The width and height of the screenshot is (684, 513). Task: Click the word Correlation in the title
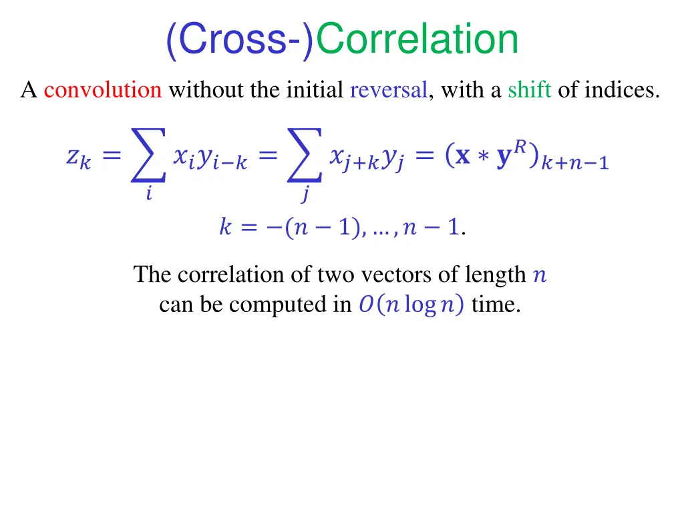(417, 40)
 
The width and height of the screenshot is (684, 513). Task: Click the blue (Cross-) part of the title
(239, 40)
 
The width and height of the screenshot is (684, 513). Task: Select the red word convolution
(103, 90)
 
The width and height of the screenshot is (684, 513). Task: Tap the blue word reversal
(388, 90)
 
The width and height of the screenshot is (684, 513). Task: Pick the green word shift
(529, 90)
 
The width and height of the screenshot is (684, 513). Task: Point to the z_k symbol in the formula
(78, 158)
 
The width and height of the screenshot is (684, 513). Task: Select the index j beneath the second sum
(305, 196)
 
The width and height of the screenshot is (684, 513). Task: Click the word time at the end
(496, 305)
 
